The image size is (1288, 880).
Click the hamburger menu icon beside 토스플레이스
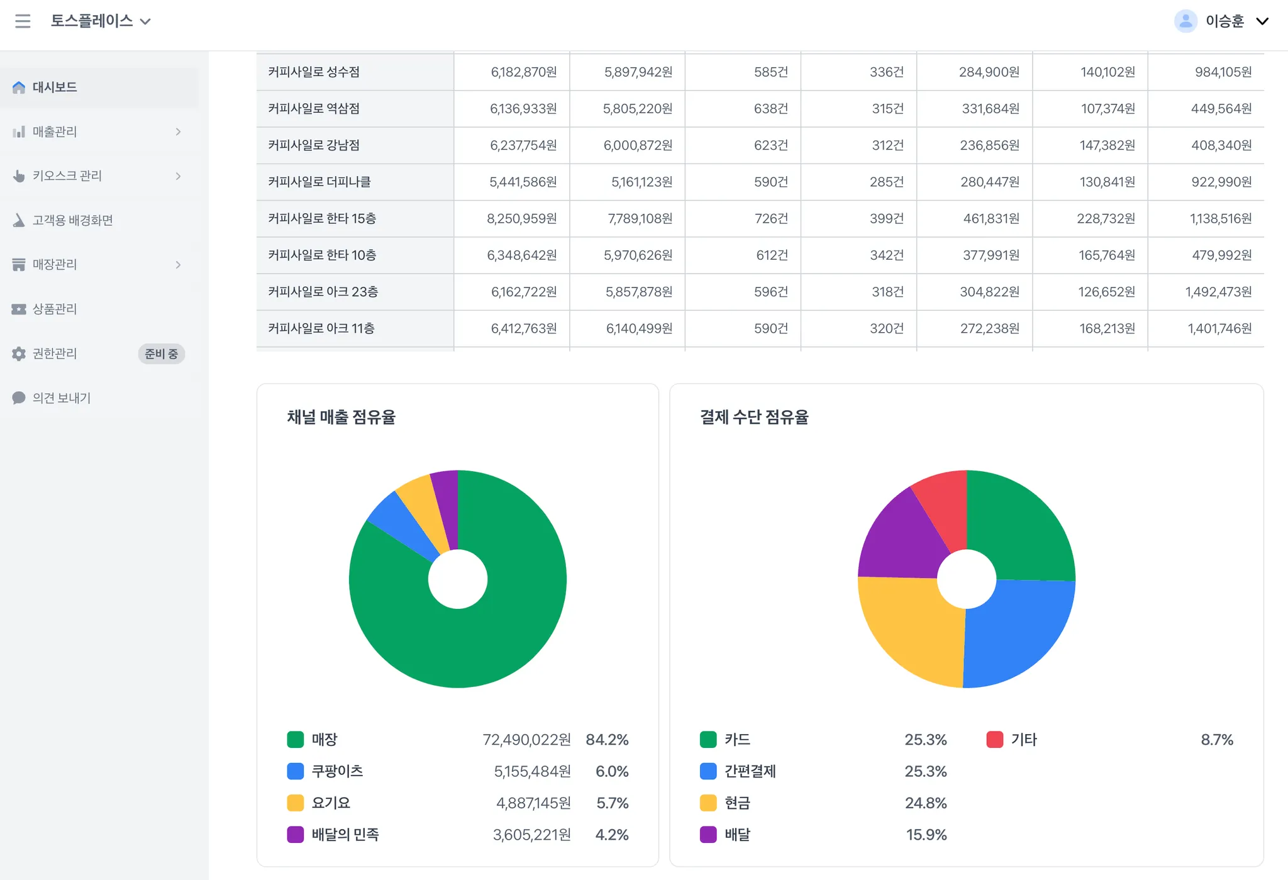(23, 21)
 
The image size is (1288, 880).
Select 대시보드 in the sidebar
(55, 87)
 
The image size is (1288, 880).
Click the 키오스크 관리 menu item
(67, 176)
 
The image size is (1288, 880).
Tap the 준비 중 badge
(161, 354)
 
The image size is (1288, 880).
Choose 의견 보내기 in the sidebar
(62, 398)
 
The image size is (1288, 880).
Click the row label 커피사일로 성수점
(314, 72)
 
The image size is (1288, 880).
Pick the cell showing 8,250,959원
(521, 219)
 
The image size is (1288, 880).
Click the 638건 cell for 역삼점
(770, 109)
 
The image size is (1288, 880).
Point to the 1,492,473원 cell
(1218, 292)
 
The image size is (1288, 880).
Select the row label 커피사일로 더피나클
(319, 182)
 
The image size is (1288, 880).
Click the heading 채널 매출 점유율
(341, 417)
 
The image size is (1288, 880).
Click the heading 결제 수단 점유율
(754, 417)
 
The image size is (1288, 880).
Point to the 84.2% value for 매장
(607, 740)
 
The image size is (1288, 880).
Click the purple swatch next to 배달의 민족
(295, 835)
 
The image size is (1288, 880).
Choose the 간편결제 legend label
(750, 771)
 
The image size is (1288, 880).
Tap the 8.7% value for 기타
(1216, 740)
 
